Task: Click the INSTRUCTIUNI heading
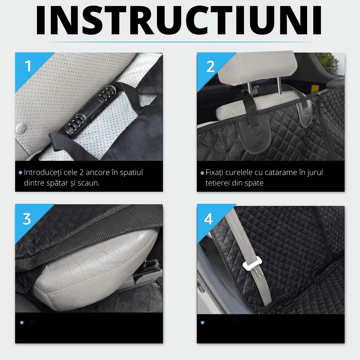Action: click(x=179, y=20)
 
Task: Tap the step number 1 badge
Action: click(x=28, y=66)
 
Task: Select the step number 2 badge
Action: click(x=210, y=66)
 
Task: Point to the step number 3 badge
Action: click(x=27, y=219)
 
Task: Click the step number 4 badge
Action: click(x=208, y=219)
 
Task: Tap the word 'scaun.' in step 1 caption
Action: click(x=89, y=183)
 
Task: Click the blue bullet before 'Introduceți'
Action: click(x=21, y=172)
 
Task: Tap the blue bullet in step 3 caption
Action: click(x=22, y=322)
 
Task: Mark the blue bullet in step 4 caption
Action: click(x=202, y=322)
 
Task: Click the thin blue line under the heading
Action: click(x=179, y=42)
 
